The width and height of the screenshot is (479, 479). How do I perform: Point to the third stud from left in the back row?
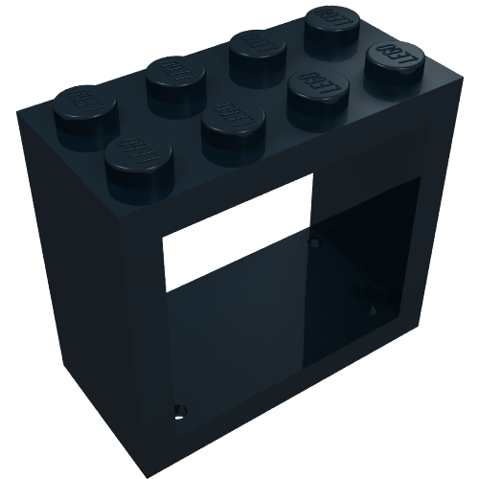(x=254, y=47)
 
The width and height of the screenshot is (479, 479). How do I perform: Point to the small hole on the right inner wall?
(x=371, y=310)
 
